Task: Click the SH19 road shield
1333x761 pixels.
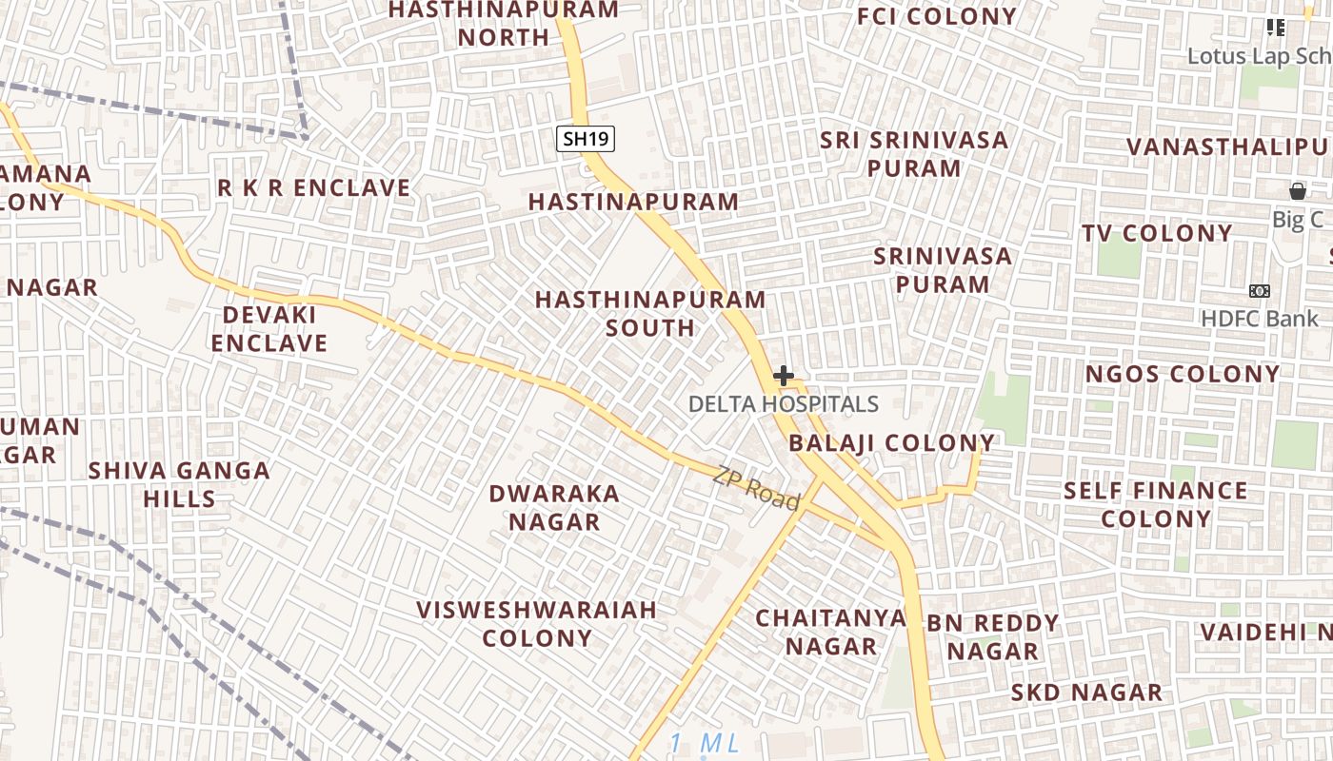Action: [586, 139]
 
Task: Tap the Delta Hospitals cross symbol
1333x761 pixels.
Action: [783, 376]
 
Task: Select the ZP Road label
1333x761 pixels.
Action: [756, 487]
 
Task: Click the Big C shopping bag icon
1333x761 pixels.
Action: [1297, 191]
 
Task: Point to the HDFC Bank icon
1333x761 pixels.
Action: [1260, 290]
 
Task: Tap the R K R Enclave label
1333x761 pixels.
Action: [314, 188]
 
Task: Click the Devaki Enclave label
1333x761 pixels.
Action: [269, 329]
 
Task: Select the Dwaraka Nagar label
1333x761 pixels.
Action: [554, 508]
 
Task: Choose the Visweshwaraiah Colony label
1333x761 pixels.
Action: [537, 624]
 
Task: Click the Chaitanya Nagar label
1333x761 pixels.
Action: [830, 633]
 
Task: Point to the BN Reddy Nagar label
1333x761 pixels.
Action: [993, 637]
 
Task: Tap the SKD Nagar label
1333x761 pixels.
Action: [1086, 693]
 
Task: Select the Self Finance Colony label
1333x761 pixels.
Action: [1155, 505]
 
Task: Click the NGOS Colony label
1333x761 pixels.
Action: [1183, 374]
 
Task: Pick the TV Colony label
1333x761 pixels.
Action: [1157, 233]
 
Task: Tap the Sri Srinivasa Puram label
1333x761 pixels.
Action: [915, 154]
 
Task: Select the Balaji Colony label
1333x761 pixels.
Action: [891, 443]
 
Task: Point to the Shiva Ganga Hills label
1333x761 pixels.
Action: [179, 484]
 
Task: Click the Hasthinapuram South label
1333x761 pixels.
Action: [650, 313]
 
